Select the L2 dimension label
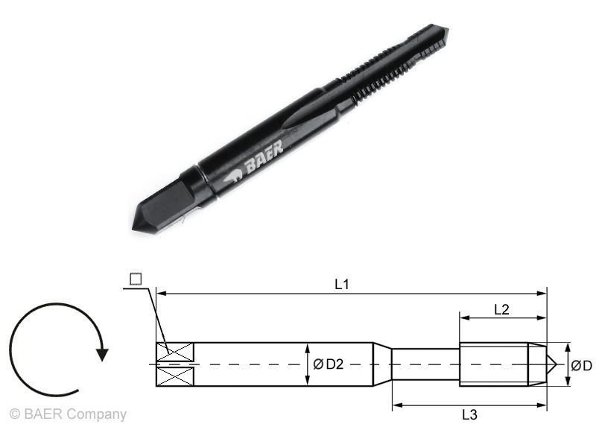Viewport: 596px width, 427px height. [501, 309]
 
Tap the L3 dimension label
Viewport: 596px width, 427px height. [469, 414]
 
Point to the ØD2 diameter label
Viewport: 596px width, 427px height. [328, 364]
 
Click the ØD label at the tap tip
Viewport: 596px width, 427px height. [582, 365]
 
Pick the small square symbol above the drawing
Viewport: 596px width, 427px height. [135, 279]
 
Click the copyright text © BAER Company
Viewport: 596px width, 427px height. [68, 414]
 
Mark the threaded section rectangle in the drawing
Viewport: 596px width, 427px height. [493, 364]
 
